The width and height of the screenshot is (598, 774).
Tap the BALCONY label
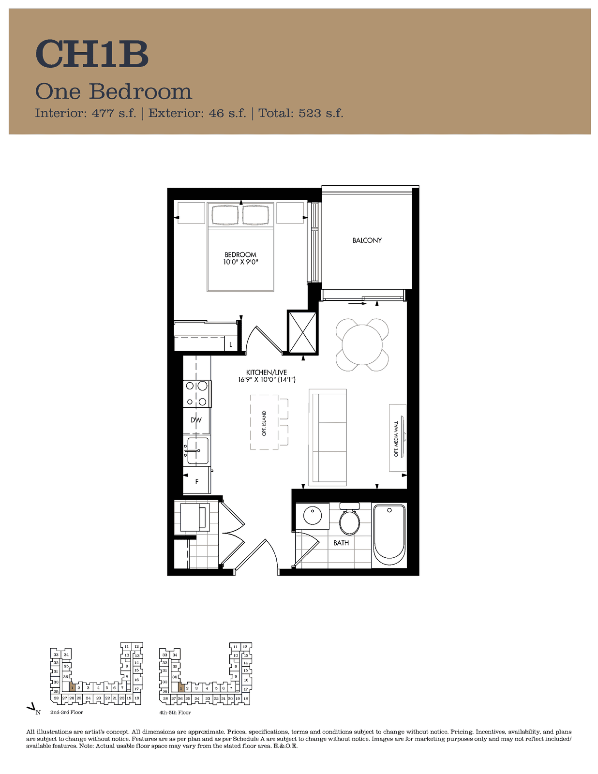point(367,240)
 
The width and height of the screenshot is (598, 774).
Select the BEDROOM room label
point(240,254)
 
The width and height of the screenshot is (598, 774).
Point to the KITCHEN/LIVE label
point(267,372)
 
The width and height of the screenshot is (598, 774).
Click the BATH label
point(341,543)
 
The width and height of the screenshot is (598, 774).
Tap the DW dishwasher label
point(196,420)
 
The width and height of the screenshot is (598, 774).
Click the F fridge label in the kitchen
point(196,481)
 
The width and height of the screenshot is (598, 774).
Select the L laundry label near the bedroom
point(231,344)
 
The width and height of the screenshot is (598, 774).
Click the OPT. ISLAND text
point(264,423)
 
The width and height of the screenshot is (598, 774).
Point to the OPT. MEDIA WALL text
point(396,439)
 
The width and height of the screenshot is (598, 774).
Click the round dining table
point(362,345)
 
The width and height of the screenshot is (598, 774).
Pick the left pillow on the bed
point(225,215)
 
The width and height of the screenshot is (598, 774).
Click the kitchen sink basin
point(198,450)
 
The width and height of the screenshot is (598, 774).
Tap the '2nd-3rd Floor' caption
point(67,713)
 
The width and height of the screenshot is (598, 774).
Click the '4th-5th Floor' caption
point(175,713)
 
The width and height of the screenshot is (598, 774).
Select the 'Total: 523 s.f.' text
point(300,113)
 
